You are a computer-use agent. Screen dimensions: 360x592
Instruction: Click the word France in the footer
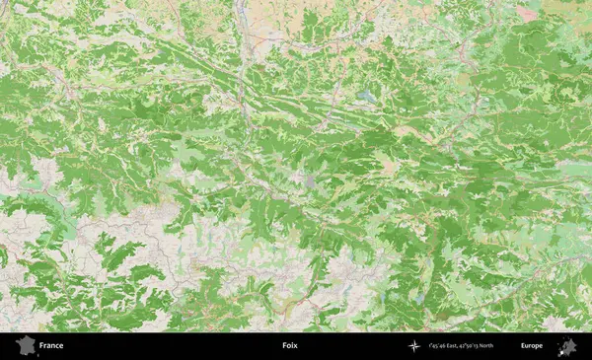click(51, 346)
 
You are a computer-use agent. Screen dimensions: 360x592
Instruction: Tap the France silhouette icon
click(24, 345)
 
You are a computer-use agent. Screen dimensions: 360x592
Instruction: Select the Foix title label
click(289, 346)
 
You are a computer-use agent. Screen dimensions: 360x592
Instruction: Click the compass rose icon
click(414, 346)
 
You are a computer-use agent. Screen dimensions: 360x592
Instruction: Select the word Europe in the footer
click(532, 346)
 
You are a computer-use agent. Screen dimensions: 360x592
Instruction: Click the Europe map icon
click(567, 345)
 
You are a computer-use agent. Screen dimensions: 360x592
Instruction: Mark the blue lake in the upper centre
click(368, 96)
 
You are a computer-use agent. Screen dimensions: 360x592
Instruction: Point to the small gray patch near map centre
click(311, 181)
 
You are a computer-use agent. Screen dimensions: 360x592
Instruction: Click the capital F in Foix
click(283, 346)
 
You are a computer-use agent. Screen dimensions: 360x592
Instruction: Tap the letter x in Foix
click(295, 346)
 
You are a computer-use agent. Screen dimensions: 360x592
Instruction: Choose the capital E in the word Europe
click(523, 346)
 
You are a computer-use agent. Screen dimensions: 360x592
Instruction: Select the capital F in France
click(41, 346)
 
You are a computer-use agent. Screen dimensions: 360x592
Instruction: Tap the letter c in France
click(57, 346)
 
